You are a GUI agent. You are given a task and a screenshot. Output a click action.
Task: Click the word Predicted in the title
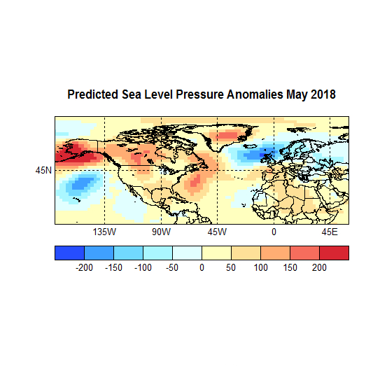(x=92, y=94)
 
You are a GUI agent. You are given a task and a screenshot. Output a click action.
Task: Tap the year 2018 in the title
(x=322, y=94)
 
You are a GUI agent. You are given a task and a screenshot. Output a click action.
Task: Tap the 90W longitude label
(x=161, y=232)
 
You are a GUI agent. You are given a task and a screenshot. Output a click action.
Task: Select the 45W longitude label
(x=217, y=232)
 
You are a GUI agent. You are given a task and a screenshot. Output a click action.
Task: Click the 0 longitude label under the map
(x=274, y=232)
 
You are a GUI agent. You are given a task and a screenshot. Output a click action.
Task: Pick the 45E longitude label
(x=330, y=232)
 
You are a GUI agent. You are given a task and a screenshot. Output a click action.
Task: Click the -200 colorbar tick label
(x=84, y=267)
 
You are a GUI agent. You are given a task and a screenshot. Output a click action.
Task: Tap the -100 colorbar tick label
(x=143, y=267)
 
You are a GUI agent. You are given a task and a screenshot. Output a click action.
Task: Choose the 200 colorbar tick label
(x=319, y=267)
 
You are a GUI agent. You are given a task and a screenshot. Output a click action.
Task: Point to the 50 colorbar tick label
(x=231, y=267)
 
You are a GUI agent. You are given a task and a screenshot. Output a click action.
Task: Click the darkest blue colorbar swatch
(x=69, y=253)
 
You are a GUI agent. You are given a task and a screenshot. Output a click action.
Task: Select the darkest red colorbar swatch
(x=334, y=253)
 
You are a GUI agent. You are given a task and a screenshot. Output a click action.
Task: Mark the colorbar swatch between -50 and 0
(x=187, y=253)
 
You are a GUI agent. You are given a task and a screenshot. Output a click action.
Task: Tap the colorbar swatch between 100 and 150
(x=275, y=253)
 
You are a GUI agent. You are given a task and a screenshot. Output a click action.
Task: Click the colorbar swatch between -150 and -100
(x=128, y=253)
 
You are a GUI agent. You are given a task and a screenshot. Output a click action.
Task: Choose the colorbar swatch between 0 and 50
(x=216, y=253)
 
